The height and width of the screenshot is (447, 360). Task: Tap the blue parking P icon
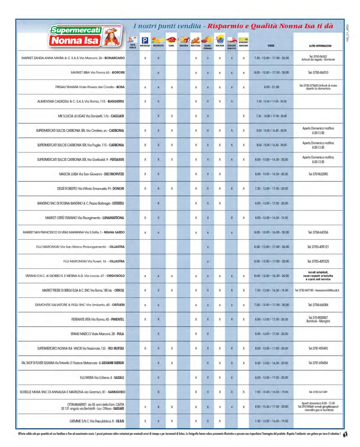(145, 40)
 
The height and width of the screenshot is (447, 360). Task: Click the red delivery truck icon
(232, 40)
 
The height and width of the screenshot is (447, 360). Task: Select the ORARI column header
(271, 46)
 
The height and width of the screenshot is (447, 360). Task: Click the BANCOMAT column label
(243, 46)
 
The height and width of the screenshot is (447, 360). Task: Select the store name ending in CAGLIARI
(91, 116)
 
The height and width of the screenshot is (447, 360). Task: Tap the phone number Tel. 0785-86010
(318, 73)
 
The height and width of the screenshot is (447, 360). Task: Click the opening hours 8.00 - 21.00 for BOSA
(271, 87)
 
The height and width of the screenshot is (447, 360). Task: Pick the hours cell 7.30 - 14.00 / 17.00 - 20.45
(271, 116)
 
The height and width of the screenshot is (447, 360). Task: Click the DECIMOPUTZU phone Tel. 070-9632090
(318, 174)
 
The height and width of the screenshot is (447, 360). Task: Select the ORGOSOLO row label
(75, 276)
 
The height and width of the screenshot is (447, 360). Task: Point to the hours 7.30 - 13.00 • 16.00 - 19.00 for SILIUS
(271, 421)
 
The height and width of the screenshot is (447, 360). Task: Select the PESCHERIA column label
(184, 46)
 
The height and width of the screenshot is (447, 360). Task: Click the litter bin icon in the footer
(345, 434)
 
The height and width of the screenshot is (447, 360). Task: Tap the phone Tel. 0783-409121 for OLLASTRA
(318, 247)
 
